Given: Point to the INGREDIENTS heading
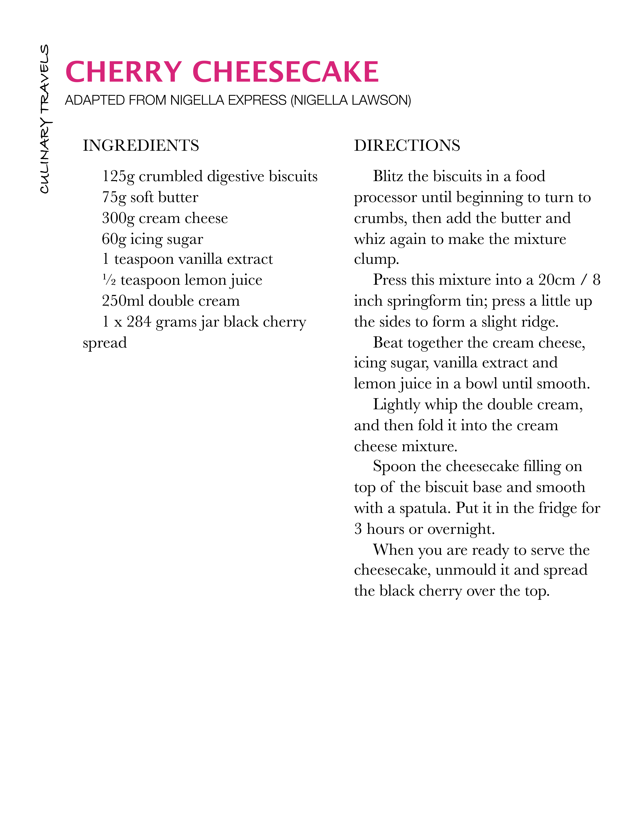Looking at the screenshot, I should (x=141, y=145).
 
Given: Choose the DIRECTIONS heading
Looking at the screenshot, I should (x=407, y=145).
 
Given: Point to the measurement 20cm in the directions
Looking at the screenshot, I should (x=556, y=280).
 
